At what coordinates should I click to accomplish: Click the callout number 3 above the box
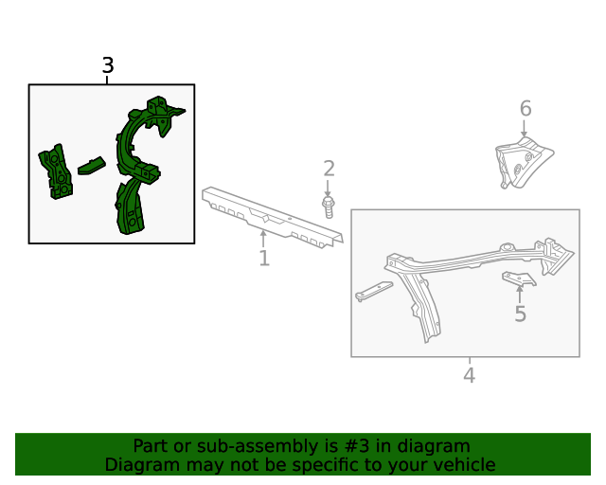(108, 65)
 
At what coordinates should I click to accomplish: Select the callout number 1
(264, 258)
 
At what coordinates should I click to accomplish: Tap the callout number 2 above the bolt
(329, 169)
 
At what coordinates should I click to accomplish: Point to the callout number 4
(470, 375)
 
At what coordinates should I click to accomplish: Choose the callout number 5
(520, 314)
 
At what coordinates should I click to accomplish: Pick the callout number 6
(526, 108)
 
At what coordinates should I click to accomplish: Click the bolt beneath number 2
(329, 207)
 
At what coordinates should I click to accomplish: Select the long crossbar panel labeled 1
(272, 217)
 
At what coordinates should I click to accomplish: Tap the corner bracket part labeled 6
(524, 163)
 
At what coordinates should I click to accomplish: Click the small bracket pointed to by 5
(519, 278)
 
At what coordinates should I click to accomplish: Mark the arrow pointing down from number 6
(524, 129)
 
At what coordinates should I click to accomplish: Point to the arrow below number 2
(328, 189)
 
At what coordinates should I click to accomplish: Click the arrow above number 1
(263, 239)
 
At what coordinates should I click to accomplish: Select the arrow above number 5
(520, 295)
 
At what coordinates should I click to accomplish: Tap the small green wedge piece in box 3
(92, 167)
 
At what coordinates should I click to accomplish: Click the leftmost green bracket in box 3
(56, 171)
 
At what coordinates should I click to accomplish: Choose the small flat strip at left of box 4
(374, 291)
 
